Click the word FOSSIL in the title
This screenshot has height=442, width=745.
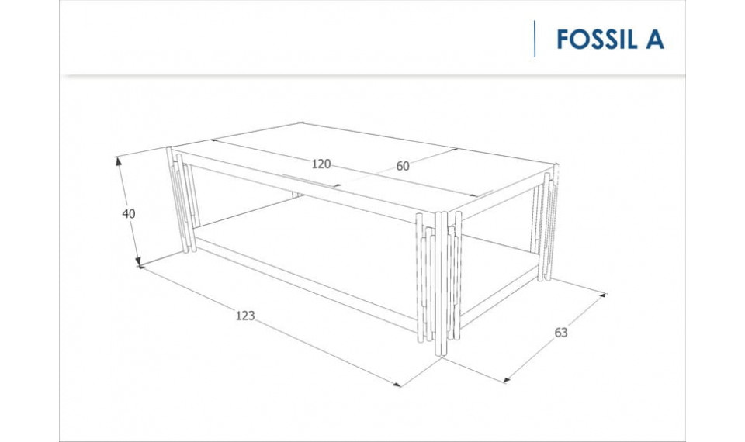pos(596,40)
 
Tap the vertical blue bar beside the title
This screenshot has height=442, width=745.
pos(535,40)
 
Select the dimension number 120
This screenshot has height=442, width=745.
pos(321,164)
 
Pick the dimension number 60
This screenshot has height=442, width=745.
pos(403,165)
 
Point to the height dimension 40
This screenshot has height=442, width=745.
pos(129,213)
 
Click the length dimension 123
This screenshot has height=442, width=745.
pos(245,315)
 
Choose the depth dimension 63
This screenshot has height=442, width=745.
pos(561,333)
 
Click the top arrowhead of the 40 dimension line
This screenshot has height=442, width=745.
pos(119,161)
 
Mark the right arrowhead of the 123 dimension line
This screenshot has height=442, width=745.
pos(400,384)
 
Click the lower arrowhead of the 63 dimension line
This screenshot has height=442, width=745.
pos(507,380)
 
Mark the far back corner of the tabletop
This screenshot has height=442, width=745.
pos(301,123)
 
